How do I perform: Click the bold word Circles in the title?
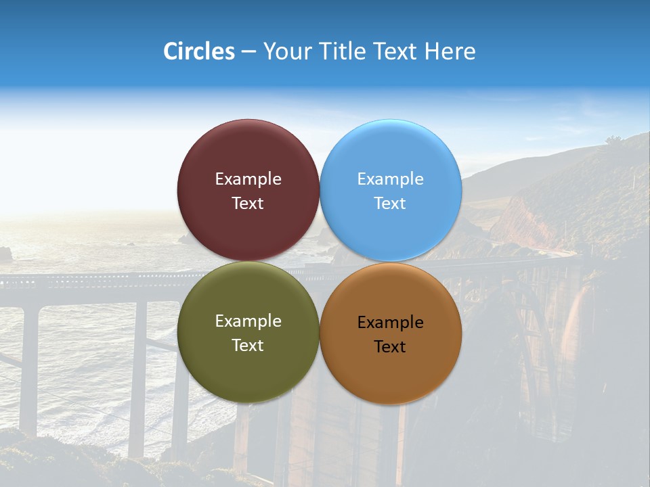pos(198,51)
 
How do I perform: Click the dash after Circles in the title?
pos(248,52)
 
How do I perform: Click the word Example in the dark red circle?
pos(248,179)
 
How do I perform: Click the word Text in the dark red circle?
pos(248,204)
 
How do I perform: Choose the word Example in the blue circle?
pos(391,179)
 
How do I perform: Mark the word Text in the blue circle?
pos(391,204)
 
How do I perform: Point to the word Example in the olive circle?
pos(248,321)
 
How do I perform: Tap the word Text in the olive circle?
pos(248,346)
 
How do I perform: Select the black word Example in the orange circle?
pos(391,323)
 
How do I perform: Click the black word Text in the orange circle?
pos(391,347)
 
